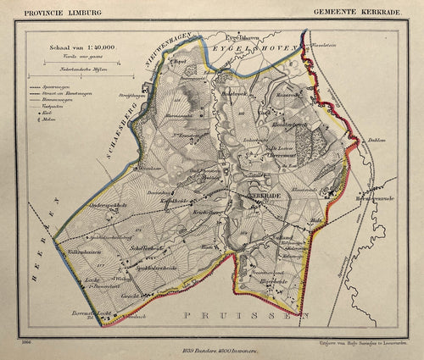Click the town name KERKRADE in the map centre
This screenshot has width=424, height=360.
tap(264, 195)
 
